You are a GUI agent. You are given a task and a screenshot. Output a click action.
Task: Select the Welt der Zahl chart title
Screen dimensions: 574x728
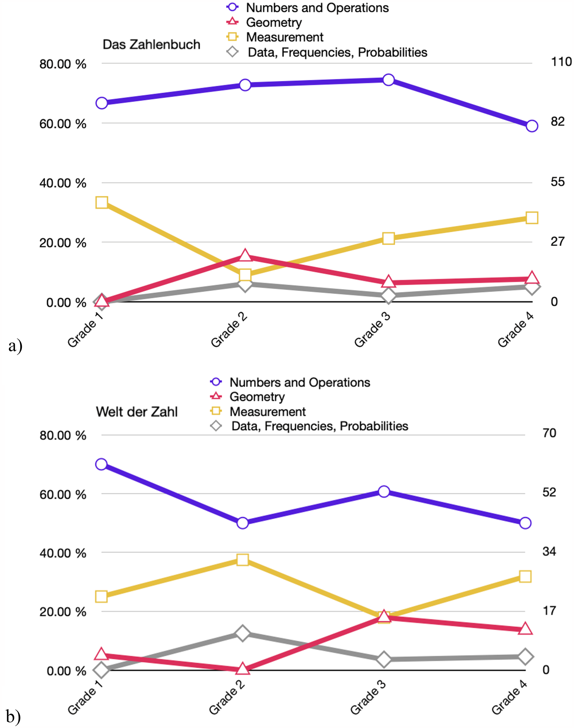137,412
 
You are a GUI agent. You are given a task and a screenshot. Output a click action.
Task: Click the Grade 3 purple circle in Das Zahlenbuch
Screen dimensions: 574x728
388,80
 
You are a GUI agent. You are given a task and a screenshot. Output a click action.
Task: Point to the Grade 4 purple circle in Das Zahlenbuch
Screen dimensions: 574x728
532,126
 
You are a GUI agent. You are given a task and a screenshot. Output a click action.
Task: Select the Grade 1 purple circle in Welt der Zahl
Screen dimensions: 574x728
101,464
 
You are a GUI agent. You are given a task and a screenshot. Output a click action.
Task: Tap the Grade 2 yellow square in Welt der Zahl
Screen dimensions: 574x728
243,560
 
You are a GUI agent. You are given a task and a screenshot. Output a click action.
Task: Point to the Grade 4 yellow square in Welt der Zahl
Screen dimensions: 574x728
525,577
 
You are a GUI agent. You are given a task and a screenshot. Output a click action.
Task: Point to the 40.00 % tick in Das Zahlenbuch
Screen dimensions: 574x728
63,183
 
